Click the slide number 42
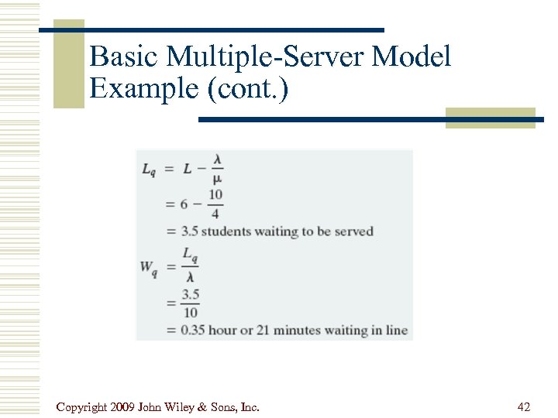coord(523,406)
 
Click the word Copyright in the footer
coord(82,406)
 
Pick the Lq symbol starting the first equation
coord(149,170)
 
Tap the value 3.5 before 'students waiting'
coord(190,231)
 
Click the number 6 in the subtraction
coord(184,204)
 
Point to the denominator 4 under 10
coord(215,214)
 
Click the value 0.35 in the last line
coord(194,331)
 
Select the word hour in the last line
coord(223,331)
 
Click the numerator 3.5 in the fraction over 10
coord(191,293)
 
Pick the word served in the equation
coord(354,231)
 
